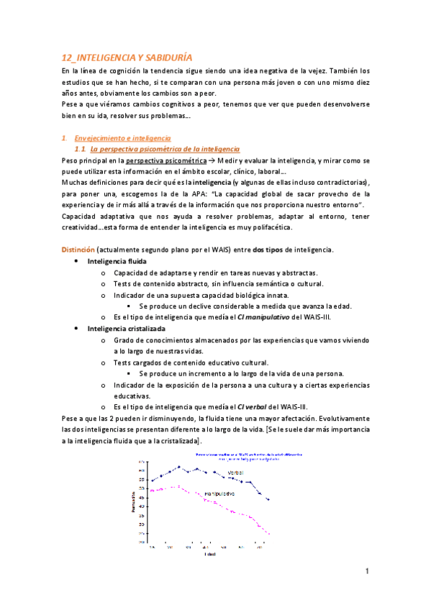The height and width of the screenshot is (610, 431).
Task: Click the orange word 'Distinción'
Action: coord(77,249)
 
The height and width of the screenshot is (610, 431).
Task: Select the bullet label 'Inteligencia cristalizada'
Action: coord(125,328)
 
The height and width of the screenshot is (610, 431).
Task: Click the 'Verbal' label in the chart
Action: coord(235,473)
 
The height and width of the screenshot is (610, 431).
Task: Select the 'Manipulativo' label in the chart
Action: coord(219,494)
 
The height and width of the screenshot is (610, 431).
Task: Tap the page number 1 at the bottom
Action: coord(367,571)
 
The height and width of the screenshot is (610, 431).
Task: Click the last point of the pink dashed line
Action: coord(268,534)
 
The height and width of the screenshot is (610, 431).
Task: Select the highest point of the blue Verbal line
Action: coord(178,466)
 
